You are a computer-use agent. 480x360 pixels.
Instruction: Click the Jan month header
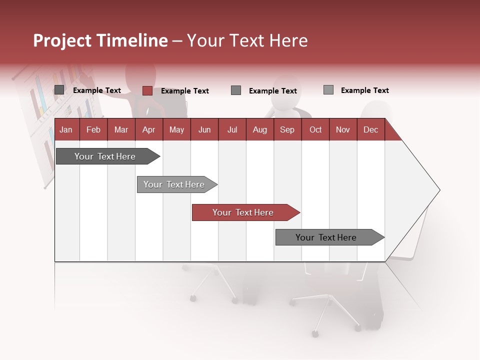pyautogui.click(x=66, y=129)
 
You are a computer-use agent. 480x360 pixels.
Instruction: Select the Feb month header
pyautogui.click(x=93, y=129)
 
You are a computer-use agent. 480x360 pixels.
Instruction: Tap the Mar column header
pyautogui.click(x=121, y=129)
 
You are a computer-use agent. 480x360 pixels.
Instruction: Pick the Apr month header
pyautogui.click(x=149, y=129)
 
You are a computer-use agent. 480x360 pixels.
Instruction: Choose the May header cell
pyautogui.click(x=176, y=129)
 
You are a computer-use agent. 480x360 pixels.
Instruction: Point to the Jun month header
pyautogui.click(x=204, y=129)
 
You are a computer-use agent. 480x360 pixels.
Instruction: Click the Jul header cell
pyautogui.click(x=232, y=129)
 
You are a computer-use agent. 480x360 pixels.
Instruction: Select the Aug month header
pyautogui.click(x=260, y=129)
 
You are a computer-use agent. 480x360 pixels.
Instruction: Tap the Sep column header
pyautogui.click(x=287, y=129)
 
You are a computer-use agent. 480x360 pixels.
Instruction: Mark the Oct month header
pyautogui.click(x=315, y=129)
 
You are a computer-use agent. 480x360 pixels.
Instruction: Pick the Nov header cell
pyautogui.click(x=343, y=129)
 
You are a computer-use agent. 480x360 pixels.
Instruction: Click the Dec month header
pyautogui.click(x=371, y=129)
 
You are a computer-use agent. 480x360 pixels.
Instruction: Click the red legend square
pyautogui.click(x=147, y=90)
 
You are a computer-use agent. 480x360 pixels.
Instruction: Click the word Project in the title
pyautogui.click(x=62, y=40)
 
